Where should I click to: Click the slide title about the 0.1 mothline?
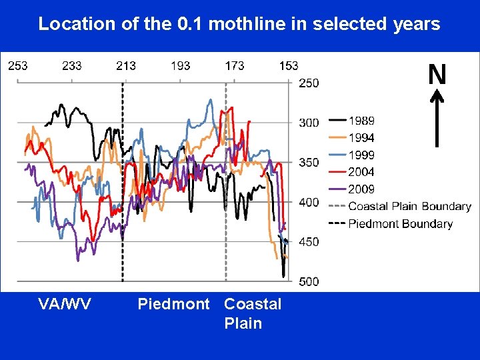coord(239,24)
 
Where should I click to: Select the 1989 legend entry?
coord(361,121)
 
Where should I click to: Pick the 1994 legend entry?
coord(361,138)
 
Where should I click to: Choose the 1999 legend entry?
coord(361,155)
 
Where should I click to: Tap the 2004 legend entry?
coord(361,172)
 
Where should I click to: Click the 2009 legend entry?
coord(361,189)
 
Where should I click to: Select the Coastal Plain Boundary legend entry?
coord(409,206)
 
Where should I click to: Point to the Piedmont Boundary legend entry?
coord(400,223)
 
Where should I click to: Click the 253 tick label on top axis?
coord(17,65)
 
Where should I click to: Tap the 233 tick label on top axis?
coord(72,65)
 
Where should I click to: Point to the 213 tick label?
coord(126,65)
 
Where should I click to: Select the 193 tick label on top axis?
coord(180,65)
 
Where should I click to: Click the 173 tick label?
coord(235,65)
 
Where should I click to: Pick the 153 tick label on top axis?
coord(289,65)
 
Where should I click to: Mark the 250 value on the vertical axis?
coord(309,83)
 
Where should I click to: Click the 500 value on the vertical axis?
coord(309,281)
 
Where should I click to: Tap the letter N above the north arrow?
coord(437,75)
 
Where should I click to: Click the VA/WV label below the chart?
coord(65,305)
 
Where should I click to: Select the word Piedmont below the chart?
coord(173,305)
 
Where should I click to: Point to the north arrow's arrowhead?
coord(437,97)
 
